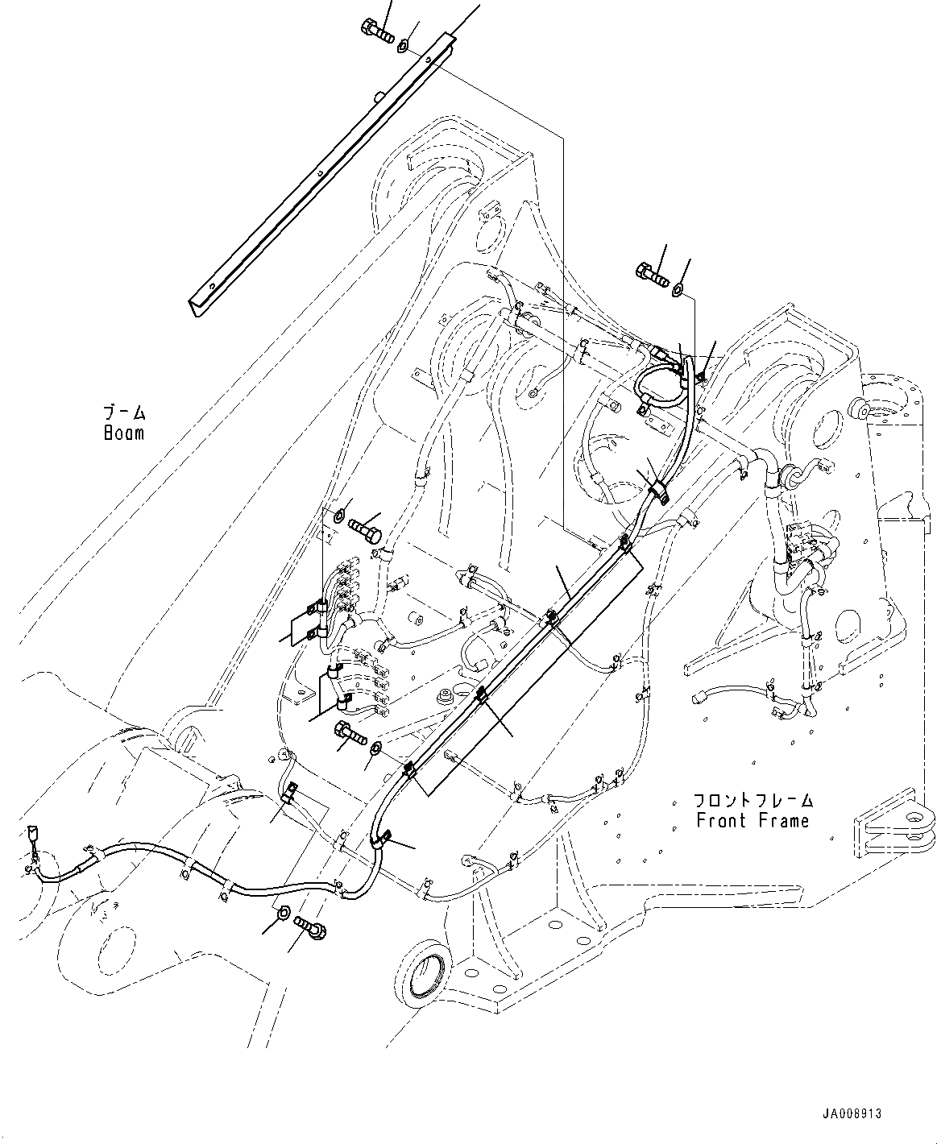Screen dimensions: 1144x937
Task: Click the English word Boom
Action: pos(123,433)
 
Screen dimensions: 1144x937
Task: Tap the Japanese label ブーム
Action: pos(123,413)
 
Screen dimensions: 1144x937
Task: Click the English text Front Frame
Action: pos(753,821)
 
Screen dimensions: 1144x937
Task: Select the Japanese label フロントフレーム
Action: pos(753,801)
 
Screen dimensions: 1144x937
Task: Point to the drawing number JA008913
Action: pos(852,1114)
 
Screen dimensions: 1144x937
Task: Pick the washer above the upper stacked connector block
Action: pos(339,512)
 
